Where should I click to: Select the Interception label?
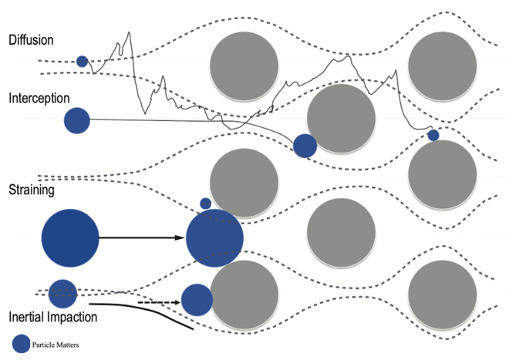pyautogui.click(x=39, y=99)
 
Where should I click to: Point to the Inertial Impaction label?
pyautogui.click(x=52, y=317)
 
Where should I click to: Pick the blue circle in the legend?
pyautogui.click(x=22, y=344)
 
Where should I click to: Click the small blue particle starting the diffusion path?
pyautogui.click(x=82, y=61)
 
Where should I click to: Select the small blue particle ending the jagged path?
pyautogui.click(x=433, y=136)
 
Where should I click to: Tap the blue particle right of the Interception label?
pyautogui.click(x=76, y=119)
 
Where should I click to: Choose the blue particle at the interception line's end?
pyautogui.click(x=305, y=145)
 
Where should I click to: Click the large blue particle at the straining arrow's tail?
pyautogui.click(x=70, y=237)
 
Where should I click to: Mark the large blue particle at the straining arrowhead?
pyautogui.click(x=214, y=237)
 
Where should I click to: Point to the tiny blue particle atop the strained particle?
pyautogui.click(x=205, y=204)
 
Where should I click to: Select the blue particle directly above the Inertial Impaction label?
pyautogui.click(x=62, y=293)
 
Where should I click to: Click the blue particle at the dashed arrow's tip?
pyautogui.click(x=197, y=300)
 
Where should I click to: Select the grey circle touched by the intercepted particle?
pyautogui.click(x=341, y=119)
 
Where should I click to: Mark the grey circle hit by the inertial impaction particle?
pyautogui.click(x=244, y=294)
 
